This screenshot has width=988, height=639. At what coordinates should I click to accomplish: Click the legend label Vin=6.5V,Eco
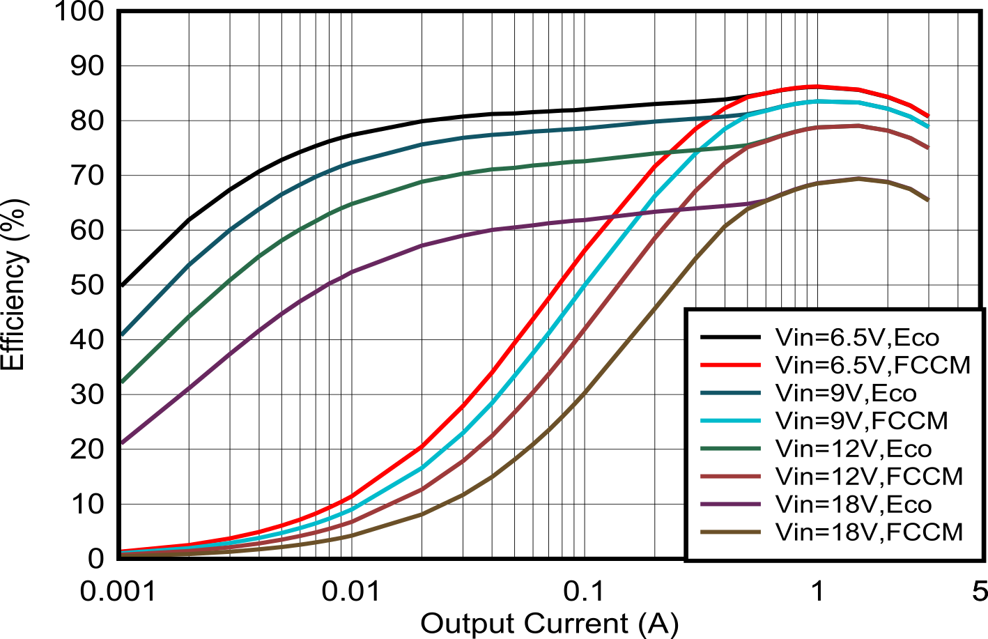pos(857,338)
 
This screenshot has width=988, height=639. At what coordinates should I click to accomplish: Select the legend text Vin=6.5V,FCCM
pos(872,365)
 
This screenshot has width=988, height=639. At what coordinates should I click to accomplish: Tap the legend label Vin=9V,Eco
pos(846,393)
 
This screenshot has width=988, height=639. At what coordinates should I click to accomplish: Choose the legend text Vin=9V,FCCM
pos(861,421)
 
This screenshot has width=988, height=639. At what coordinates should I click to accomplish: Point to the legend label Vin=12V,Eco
pos(853,449)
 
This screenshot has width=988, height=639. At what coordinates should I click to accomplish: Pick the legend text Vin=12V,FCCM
pos(869,477)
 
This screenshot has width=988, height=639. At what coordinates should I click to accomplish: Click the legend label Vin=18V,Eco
pos(853,505)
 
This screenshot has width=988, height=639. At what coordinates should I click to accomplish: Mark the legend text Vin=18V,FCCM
pos(869,532)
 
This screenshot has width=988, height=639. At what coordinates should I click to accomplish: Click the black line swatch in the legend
pos(730,338)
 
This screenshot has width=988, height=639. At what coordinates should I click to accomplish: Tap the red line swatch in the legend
pos(730,365)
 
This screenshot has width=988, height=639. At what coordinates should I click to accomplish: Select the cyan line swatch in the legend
pos(730,421)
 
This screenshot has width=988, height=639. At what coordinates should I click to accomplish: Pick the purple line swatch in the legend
pos(730,505)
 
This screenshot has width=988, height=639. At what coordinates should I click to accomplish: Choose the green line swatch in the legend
pos(730,449)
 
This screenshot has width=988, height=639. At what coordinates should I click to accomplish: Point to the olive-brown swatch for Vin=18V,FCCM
pos(730,532)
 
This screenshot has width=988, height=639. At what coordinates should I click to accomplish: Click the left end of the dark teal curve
pos(123,334)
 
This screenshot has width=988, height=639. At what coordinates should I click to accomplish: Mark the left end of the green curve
pos(123,382)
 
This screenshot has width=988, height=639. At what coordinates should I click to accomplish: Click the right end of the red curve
pos(928,116)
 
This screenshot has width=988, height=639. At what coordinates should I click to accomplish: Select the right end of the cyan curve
pos(928,127)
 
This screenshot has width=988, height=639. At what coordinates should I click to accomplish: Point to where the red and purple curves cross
pos(610,217)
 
